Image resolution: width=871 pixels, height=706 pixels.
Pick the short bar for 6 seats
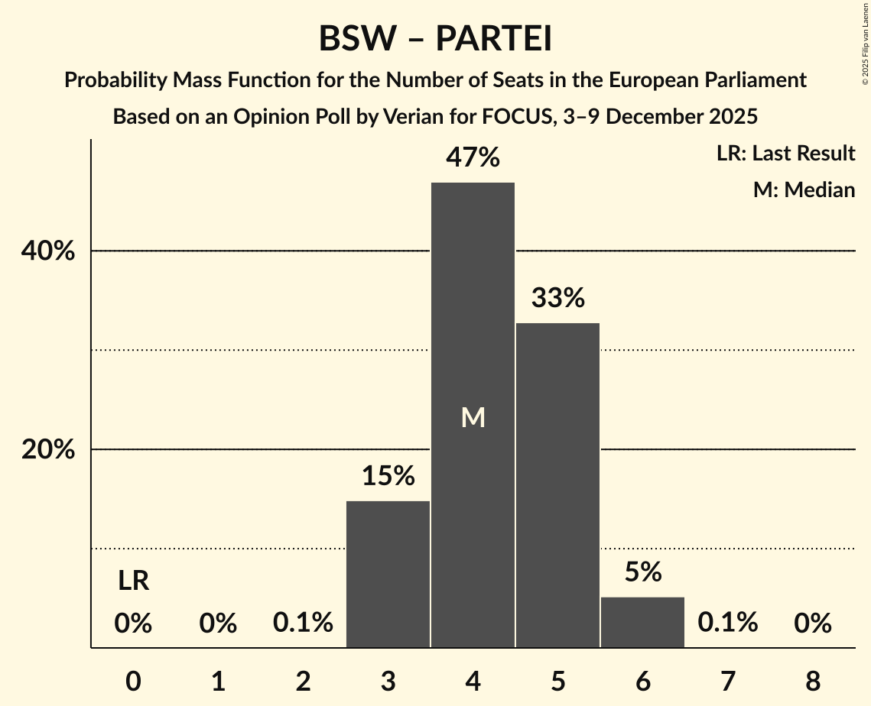tap(642, 622)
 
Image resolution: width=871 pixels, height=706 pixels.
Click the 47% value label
tap(473, 158)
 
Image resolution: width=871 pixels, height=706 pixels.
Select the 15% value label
tap(388, 477)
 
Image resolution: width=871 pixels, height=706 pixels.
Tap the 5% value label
tap(642, 572)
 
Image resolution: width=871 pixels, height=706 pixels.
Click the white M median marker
tap(473, 417)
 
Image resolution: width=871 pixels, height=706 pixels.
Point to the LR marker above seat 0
tap(133, 581)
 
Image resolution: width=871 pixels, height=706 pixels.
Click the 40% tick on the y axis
tap(48, 251)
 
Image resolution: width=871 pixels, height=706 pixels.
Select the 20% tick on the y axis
tap(48, 450)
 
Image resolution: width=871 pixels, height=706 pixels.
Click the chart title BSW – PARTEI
tap(435, 39)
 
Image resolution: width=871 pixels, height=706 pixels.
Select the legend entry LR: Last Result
tap(785, 154)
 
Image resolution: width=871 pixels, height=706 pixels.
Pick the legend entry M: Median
tap(804, 189)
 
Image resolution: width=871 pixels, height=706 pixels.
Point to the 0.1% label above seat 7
tap(727, 623)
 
